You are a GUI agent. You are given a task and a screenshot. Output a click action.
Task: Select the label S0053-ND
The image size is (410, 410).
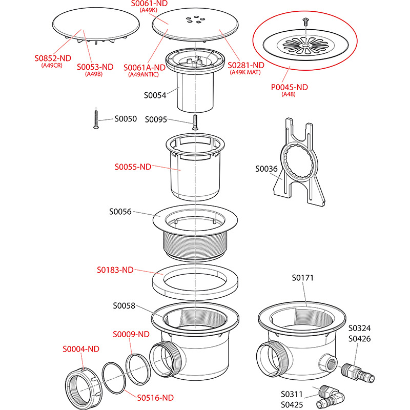95,67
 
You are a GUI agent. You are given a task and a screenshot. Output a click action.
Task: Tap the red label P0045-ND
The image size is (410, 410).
290,87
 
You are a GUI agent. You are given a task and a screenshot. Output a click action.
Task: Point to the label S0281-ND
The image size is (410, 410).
247,65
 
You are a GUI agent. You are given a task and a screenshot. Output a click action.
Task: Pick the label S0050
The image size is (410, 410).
126,119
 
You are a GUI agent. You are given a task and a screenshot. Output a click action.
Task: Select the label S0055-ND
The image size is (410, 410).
132,167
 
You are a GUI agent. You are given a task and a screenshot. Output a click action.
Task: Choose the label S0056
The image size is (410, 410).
120,211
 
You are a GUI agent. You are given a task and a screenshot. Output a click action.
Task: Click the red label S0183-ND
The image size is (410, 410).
116,270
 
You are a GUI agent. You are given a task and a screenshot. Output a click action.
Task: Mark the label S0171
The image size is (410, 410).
302,278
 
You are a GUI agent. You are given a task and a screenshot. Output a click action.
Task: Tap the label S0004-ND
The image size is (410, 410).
81,349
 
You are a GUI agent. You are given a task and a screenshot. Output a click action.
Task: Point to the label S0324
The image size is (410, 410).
360,328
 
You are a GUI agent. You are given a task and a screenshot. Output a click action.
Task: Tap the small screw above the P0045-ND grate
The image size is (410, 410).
305,22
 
